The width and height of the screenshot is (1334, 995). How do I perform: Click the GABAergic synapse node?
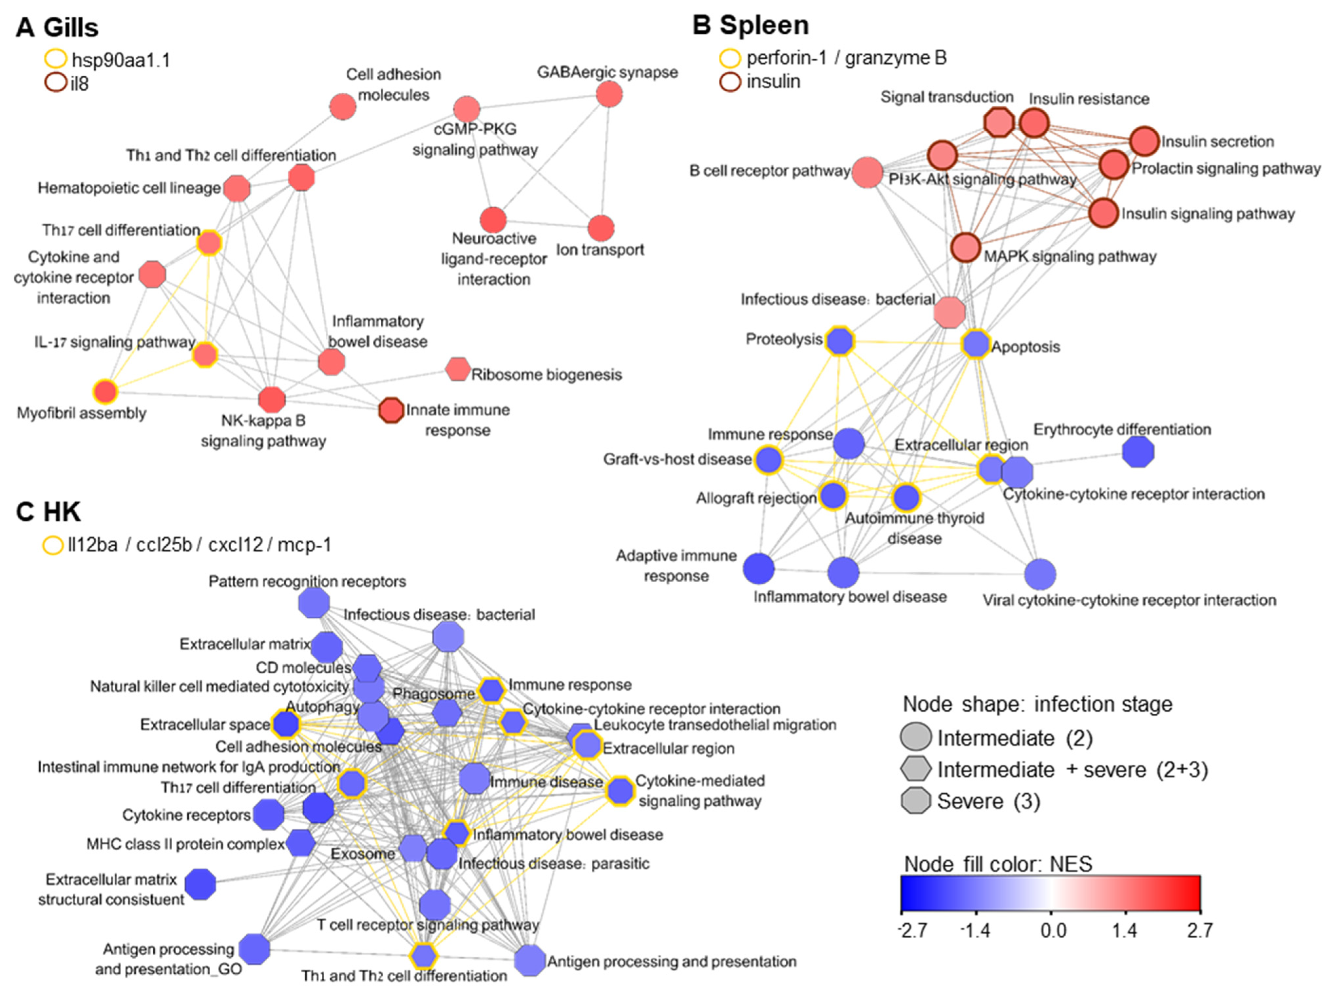coord(609,95)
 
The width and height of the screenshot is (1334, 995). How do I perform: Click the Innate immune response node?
coord(391,411)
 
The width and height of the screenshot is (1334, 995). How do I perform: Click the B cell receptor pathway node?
coord(867,172)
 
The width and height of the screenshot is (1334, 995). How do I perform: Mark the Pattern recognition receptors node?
coord(314,602)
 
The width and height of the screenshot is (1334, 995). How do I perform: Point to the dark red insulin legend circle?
coord(730,81)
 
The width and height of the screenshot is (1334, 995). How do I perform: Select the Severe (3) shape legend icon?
coord(915,801)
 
